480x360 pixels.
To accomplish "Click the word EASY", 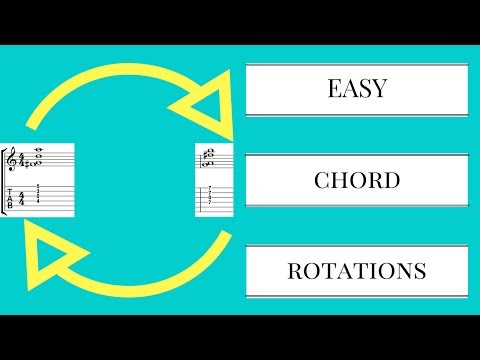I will click(x=357, y=90).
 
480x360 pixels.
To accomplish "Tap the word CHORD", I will click(x=357, y=181).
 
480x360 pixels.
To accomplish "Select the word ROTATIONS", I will click(x=357, y=271).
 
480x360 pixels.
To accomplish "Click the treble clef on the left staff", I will click(x=11, y=159).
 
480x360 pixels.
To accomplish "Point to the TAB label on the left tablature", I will click(x=11, y=196).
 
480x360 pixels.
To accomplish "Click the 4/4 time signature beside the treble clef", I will click(x=22, y=159).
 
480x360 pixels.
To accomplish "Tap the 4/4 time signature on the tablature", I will click(x=22, y=196).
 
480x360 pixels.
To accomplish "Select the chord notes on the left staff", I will click(x=38, y=156).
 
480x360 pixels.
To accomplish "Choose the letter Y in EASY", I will click(x=381, y=90).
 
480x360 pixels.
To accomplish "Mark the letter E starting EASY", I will click(x=333, y=90).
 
